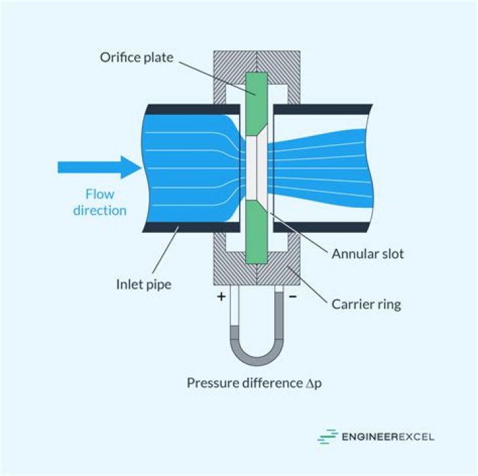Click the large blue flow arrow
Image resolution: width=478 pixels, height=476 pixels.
(99, 167)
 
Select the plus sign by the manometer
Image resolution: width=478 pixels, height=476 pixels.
(221, 296)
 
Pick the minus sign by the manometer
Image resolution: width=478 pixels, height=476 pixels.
(293, 296)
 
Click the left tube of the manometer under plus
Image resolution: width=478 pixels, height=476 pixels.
(234, 319)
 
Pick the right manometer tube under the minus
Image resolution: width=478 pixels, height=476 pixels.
(278, 319)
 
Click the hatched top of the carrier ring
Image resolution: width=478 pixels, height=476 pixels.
(256, 60)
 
